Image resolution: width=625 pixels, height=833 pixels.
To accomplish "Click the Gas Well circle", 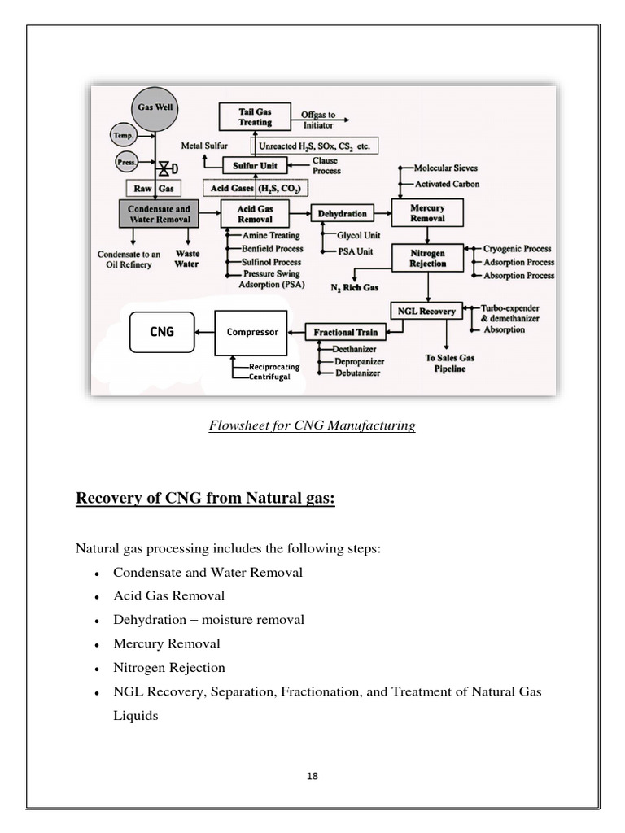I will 155,108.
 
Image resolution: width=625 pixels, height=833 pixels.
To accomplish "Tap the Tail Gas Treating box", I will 256,117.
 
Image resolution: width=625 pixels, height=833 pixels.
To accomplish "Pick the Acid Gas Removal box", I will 256,214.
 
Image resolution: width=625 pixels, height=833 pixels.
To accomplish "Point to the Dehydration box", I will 342,214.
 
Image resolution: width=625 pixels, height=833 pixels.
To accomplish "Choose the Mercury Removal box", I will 427,213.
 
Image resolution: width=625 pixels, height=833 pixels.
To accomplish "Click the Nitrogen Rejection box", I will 428,258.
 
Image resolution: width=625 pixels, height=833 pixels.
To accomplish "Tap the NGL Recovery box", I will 426,310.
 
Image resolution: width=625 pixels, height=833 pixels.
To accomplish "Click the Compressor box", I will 251,332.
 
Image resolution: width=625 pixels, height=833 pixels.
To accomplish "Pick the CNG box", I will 161,332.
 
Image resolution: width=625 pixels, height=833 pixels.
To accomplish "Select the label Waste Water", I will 186,259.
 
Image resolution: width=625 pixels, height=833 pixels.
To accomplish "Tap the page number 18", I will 312,775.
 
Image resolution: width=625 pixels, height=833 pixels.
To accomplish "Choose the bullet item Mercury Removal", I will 166,643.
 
